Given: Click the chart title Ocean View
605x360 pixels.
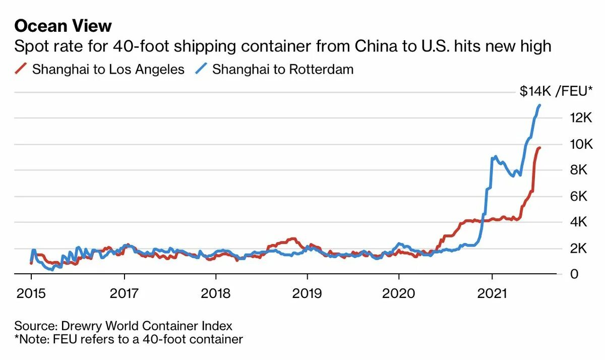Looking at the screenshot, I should pyautogui.click(x=63, y=25).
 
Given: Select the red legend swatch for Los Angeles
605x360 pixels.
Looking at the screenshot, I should pyautogui.click(x=22, y=69).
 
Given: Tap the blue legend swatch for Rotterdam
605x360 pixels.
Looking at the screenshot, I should pyautogui.click(x=202, y=69).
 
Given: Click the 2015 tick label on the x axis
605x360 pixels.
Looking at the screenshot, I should pyautogui.click(x=31, y=293).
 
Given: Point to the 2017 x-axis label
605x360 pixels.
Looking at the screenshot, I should pyautogui.click(x=124, y=293).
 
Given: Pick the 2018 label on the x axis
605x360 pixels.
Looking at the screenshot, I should pyautogui.click(x=216, y=293).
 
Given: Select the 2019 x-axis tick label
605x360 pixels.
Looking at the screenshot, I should pyautogui.click(x=308, y=293).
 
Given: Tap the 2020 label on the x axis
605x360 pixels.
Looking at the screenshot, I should pyautogui.click(x=399, y=293).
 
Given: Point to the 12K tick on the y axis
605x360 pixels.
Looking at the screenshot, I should pyautogui.click(x=581, y=118).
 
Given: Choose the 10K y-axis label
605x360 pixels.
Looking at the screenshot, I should pyautogui.click(x=581, y=144).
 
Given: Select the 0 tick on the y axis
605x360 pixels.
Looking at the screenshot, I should pyautogui.click(x=574, y=274).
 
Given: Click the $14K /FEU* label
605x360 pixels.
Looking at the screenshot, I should pyautogui.click(x=556, y=91).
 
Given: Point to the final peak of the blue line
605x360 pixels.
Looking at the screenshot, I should pyautogui.click(x=540, y=105).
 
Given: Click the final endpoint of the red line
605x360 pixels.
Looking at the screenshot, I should pyautogui.click(x=539, y=148).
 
